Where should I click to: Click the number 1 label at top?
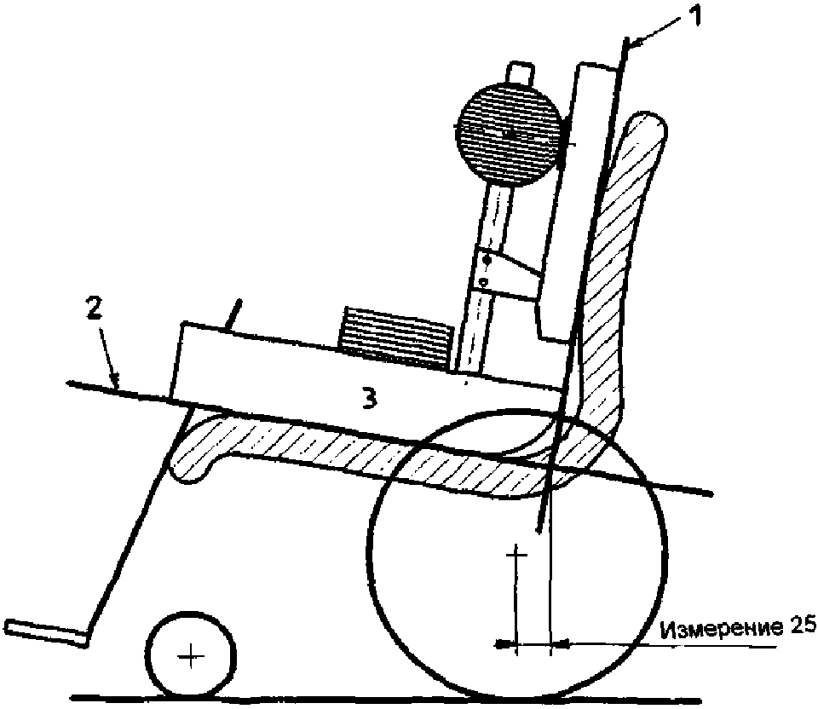coord(694,16)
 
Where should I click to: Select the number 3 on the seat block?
coord(367,397)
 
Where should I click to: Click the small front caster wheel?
coord(191,655)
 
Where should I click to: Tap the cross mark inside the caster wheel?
coord(191,655)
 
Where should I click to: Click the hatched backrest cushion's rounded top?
coord(648,128)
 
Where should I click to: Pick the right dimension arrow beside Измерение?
coord(563,643)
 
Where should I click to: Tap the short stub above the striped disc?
coord(518,72)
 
